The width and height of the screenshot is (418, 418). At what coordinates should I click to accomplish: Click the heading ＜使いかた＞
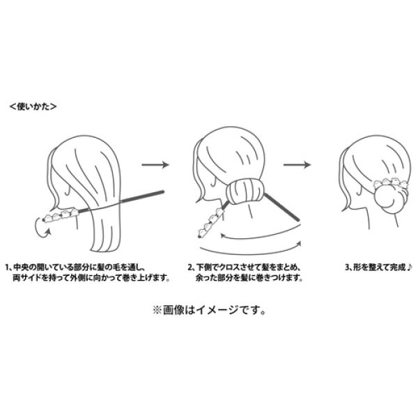coord(33,107)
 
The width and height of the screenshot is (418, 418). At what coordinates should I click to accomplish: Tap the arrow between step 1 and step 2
coord(155,164)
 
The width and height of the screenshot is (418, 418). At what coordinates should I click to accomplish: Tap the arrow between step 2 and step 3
coord(297,164)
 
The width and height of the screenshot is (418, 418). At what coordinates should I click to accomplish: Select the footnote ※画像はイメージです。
coord(210,311)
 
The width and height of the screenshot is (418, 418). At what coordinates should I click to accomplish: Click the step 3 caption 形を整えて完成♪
coord(379,267)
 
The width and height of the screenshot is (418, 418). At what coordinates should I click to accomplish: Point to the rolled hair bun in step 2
coord(245,192)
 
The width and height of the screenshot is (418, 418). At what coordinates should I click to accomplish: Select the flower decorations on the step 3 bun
coord(390,183)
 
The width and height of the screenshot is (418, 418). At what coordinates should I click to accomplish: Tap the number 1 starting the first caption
coord(8,268)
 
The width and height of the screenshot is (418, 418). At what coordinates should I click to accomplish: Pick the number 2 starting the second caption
coord(190,268)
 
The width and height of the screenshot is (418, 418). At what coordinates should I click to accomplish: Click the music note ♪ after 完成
coord(410,267)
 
